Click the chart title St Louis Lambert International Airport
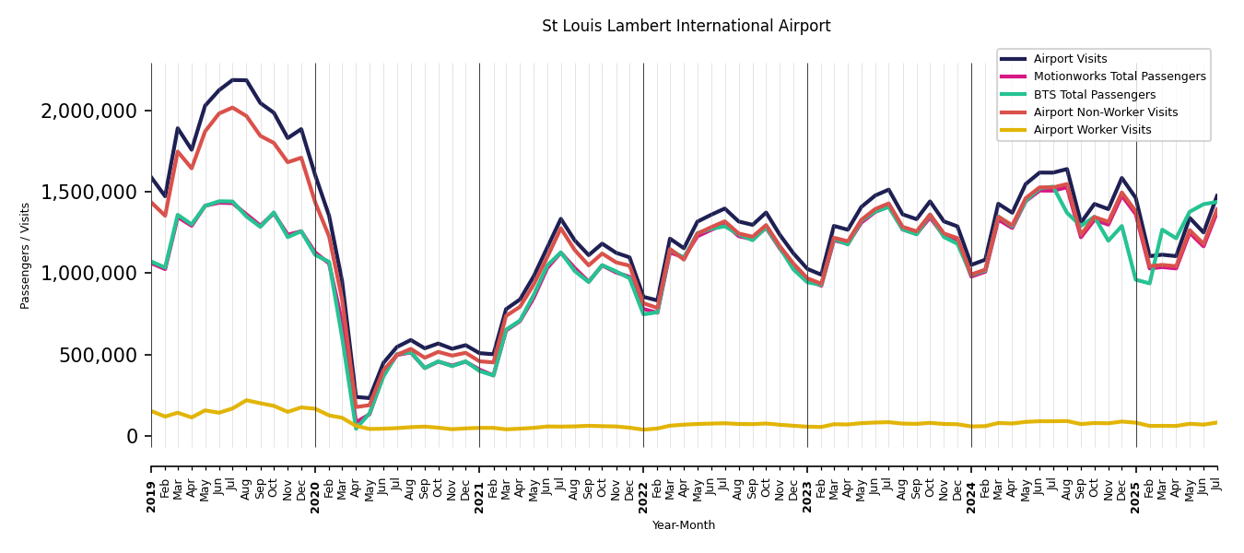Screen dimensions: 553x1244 point(686,26)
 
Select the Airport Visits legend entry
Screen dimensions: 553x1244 point(1070,59)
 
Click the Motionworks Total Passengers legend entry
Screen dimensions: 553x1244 point(1119,76)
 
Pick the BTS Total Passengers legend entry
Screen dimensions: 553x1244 point(1094,95)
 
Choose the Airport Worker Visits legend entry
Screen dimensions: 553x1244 point(1092,130)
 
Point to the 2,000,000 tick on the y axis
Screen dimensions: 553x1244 point(89,111)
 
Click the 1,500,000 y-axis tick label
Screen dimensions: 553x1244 point(89,192)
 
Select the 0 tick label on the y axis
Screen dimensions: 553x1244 point(132,436)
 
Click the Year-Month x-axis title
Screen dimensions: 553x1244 point(683,525)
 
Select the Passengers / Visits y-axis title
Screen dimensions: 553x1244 point(26,255)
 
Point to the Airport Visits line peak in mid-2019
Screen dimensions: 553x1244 point(240,80)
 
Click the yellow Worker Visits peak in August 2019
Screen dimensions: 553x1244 point(246,400)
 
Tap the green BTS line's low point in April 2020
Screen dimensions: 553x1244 point(356,428)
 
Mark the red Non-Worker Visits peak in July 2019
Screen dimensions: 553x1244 point(232,108)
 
